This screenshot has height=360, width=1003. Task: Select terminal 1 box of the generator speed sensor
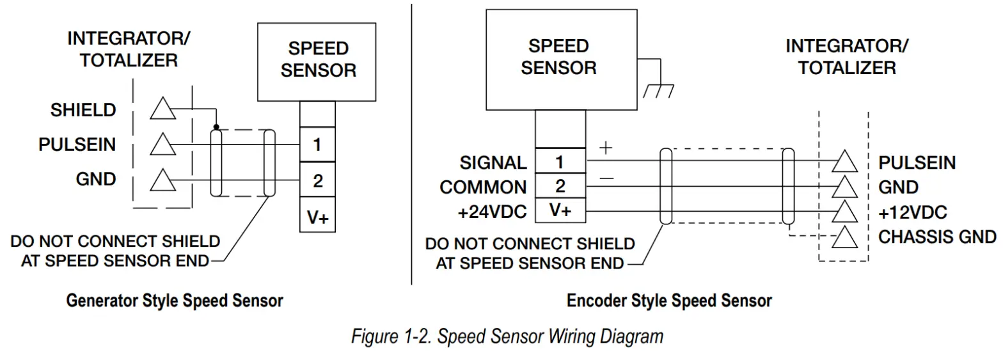click(317, 145)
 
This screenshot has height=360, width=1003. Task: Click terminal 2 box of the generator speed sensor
click(317, 181)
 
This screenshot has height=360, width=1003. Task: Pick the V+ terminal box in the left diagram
click(317, 217)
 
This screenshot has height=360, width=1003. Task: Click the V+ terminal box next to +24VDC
click(560, 211)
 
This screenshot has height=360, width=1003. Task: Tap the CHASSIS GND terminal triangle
click(845, 237)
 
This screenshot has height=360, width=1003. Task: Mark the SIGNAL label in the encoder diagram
click(493, 163)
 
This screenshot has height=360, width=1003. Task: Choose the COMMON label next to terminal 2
click(484, 187)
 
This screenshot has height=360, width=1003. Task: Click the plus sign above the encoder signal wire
click(604, 148)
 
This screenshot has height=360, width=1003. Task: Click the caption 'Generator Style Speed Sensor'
click(175, 300)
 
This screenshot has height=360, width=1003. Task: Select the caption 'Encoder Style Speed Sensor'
click(669, 300)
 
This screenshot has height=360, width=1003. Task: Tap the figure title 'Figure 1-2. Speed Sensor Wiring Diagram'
click(507, 336)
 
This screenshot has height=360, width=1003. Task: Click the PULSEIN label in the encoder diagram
click(917, 163)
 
